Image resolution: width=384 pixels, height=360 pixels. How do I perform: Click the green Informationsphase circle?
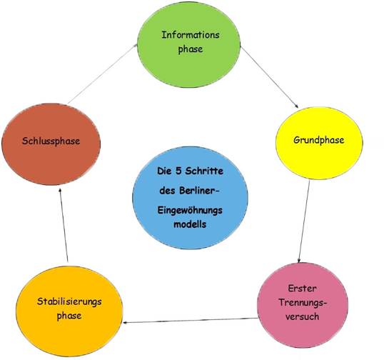pos(189,45)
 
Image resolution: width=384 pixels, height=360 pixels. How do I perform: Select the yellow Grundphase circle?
pos(319,143)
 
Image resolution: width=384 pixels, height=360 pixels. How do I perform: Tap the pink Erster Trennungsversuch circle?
pos(303,305)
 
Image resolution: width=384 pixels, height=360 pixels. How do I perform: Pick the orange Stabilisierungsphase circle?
pos(69,311)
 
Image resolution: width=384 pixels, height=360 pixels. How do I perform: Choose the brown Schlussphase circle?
pos(51,144)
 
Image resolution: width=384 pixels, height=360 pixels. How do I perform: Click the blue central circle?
pos(190,198)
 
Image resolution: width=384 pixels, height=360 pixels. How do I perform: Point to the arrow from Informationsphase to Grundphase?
pos(269,76)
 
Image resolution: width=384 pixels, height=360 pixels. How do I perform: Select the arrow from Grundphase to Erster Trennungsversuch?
pos(304,221)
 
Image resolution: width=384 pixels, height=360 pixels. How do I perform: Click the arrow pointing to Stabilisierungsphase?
pos(191,320)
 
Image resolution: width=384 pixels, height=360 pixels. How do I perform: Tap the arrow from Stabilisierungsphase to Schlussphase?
pos(64,225)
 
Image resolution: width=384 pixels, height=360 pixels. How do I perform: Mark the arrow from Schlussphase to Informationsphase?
pos(102,74)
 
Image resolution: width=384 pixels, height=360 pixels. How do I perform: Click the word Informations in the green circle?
pos(191,35)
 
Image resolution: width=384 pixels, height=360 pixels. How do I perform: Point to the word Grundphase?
pos(319,140)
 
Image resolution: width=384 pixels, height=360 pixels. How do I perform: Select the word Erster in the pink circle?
pos(302,289)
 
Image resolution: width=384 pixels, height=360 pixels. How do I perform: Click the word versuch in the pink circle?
pos(302,316)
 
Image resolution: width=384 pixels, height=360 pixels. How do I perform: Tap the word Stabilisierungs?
pos(69,301)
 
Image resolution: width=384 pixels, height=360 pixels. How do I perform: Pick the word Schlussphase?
pos(51,141)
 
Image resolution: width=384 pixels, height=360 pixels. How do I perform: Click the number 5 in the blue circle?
pos(178,171)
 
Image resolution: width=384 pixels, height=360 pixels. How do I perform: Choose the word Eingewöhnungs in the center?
pos(190,211)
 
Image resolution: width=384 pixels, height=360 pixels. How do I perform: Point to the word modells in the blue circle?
pos(190,224)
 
